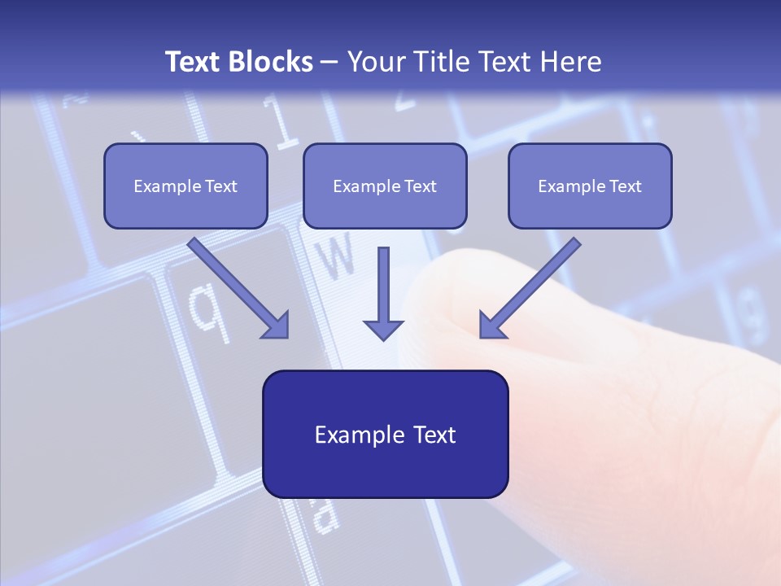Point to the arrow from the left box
point(236,286)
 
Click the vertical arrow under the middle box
point(383,285)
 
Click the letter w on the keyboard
point(336,256)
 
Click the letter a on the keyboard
point(324,514)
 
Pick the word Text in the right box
point(626,186)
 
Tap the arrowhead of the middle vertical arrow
point(383,329)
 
